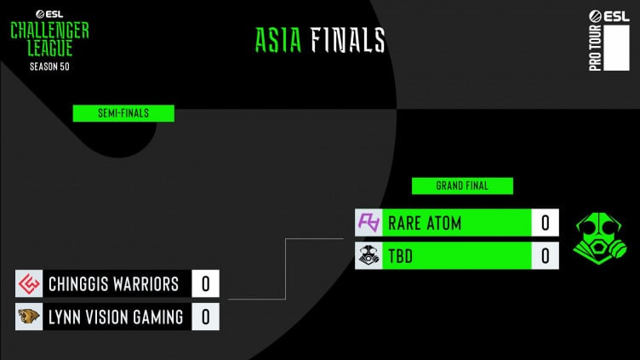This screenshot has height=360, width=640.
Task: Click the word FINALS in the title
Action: [347, 40]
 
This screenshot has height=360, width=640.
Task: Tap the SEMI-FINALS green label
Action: [123, 113]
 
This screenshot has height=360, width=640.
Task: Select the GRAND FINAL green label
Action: [462, 185]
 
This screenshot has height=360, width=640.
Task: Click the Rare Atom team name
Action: [425, 223]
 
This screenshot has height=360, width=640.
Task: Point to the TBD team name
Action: [400, 255]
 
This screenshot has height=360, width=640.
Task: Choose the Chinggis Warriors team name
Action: [114, 283]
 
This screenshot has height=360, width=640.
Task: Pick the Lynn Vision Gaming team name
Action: [116, 317]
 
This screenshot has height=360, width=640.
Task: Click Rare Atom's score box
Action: [545, 223]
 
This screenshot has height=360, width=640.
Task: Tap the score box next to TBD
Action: [545, 255]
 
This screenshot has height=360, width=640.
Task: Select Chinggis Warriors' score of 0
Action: [205, 283]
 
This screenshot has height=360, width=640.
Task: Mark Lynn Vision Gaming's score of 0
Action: [205, 317]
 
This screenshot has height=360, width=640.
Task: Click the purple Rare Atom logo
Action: [368, 223]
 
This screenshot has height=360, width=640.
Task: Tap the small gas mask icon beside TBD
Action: [368, 255]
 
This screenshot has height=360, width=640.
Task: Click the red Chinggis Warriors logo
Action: [29, 283]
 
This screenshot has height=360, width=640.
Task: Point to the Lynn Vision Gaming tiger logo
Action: [29, 317]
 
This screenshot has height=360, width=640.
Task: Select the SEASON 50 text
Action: [49, 66]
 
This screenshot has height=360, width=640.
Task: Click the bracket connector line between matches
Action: [284, 268]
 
